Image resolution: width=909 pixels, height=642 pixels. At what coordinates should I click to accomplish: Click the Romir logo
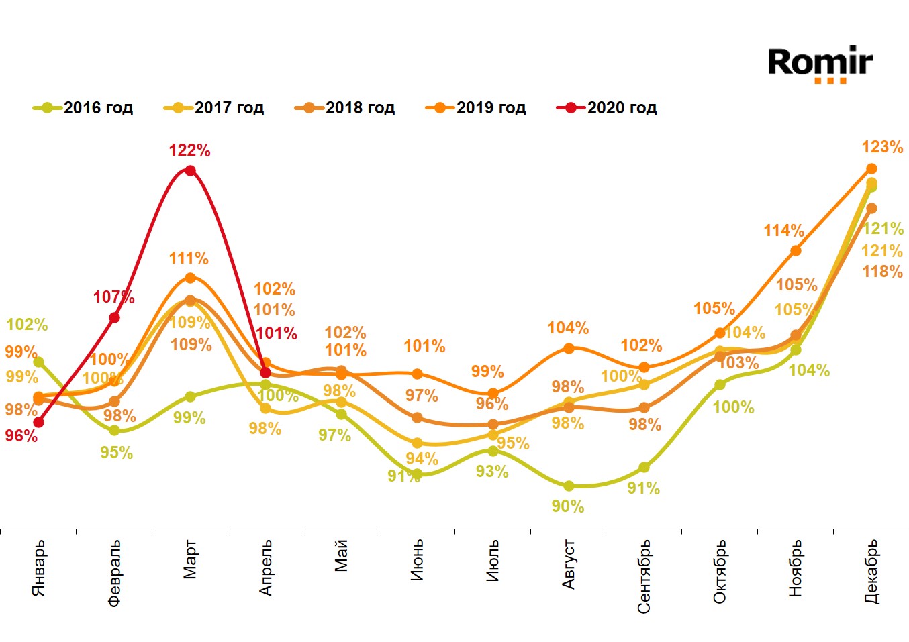[820, 64]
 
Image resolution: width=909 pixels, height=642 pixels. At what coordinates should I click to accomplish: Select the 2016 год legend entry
[83, 108]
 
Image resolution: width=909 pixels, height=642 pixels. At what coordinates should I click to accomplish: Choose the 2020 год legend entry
[607, 108]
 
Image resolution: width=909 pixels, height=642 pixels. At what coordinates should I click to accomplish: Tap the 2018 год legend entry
[345, 108]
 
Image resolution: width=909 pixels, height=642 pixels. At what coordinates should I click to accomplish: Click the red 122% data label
[189, 150]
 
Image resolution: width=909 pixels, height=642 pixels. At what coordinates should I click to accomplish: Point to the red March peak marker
[190, 170]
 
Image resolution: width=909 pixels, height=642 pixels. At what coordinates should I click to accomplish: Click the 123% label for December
[882, 147]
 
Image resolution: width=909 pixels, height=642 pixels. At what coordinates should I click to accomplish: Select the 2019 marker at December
[871, 168]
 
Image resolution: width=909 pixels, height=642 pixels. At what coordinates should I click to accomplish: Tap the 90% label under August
[568, 506]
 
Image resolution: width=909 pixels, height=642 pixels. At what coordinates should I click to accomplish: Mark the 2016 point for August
[569, 486]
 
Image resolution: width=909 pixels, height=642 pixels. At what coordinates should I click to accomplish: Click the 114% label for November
[783, 231]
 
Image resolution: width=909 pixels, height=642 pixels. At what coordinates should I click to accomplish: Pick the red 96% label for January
[21, 436]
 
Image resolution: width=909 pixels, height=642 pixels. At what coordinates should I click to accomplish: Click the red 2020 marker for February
[114, 317]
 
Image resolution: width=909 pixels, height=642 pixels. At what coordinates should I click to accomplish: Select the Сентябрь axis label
[644, 576]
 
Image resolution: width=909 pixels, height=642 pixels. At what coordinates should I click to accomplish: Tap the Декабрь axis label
[871, 572]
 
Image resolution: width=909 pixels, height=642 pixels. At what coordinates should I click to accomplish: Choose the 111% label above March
[189, 258]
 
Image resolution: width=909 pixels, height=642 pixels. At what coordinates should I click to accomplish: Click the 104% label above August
[568, 328]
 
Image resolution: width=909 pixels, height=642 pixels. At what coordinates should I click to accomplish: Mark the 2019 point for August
[569, 348]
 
